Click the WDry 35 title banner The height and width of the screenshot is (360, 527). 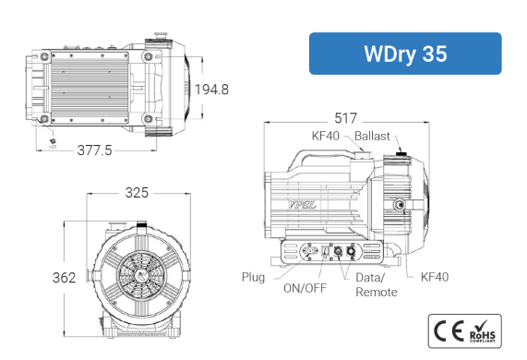pos(405,54)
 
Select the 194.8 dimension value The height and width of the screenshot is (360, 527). pos(211,90)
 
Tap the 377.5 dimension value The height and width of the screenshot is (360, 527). pos(94,150)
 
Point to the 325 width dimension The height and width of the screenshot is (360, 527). pos(137,193)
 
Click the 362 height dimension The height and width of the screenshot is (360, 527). pos(65,278)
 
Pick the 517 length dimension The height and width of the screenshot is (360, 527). pos(345,118)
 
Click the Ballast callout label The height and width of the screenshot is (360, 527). pos(372,136)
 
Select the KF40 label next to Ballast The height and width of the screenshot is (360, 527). pos(326,136)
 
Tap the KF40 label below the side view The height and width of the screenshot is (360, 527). pos(435,277)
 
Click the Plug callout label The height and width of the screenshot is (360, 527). pos(254,277)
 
